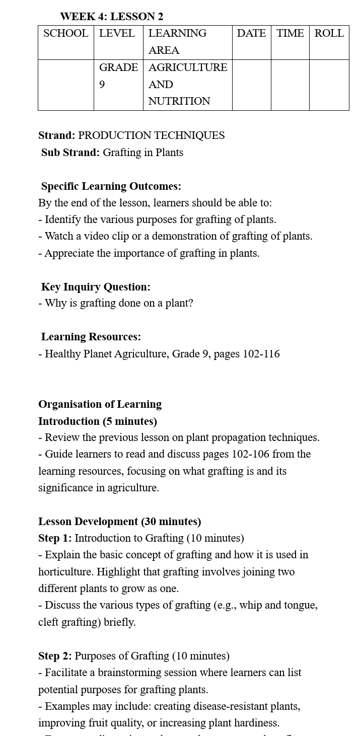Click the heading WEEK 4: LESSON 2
click(x=111, y=17)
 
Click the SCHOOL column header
click(x=65, y=34)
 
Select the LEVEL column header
click(x=117, y=34)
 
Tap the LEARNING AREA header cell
click(x=177, y=41)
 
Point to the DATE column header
click(x=251, y=34)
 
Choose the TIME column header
click(x=290, y=34)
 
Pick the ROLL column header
click(x=329, y=34)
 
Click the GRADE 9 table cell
click(x=118, y=76)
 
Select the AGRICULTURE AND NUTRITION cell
click(x=187, y=84)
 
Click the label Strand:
click(x=56, y=135)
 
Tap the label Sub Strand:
click(x=70, y=153)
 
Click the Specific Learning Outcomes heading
click(x=111, y=186)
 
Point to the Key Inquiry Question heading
click(x=96, y=287)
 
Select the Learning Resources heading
click(x=91, y=337)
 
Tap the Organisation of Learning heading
click(x=100, y=404)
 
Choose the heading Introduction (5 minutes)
click(x=98, y=421)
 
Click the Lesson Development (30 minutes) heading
click(x=119, y=522)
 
